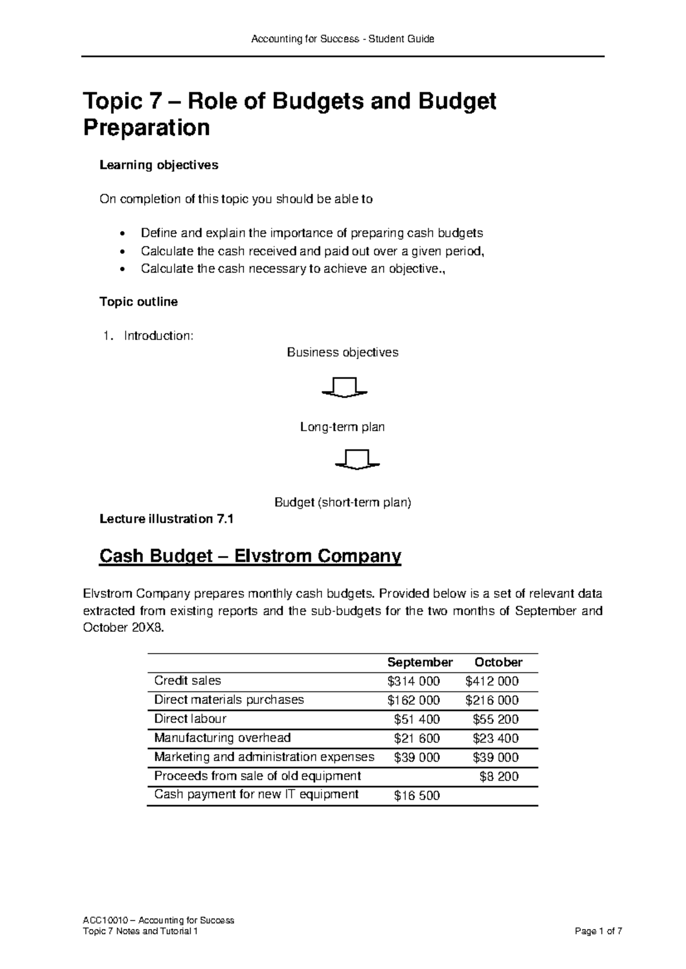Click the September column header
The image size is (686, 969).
420,662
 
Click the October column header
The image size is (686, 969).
498,662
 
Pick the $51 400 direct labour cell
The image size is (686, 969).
417,719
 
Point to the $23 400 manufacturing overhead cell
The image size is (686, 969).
496,738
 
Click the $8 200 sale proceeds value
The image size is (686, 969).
498,776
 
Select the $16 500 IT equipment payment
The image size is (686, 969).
417,795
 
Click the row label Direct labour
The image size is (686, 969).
190,719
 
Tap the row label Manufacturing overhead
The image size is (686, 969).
222,738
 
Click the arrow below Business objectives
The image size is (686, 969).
344,387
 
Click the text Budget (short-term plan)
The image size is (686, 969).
343,503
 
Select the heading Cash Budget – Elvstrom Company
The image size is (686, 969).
250,555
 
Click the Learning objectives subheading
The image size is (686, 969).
159,165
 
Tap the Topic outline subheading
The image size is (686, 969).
139,302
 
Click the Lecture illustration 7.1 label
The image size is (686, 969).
167,519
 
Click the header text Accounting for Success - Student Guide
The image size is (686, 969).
343,39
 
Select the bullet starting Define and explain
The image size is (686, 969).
312,233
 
